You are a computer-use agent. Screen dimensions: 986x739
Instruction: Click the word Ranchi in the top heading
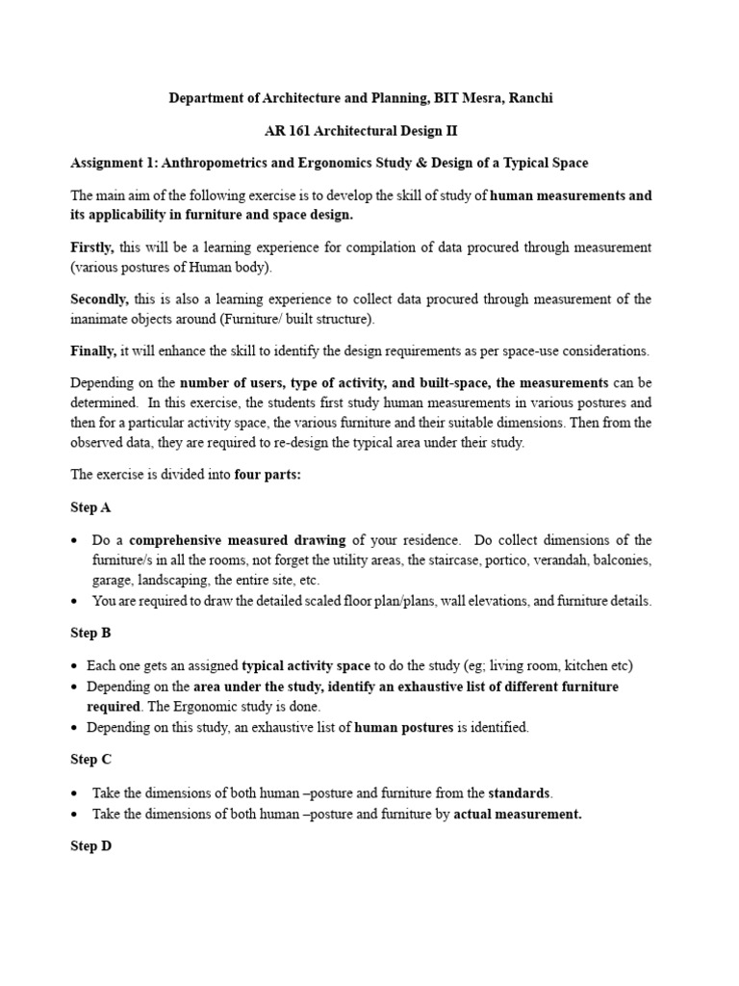[x=530, y=98]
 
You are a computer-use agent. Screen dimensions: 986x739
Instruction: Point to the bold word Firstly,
[x=93, y=247]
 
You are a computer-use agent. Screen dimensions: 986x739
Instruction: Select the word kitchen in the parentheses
[x=587, y=665]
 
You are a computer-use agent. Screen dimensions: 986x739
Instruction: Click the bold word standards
[x=520, y=792]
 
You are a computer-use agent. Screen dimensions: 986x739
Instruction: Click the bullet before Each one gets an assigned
[x=75, y=666]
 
